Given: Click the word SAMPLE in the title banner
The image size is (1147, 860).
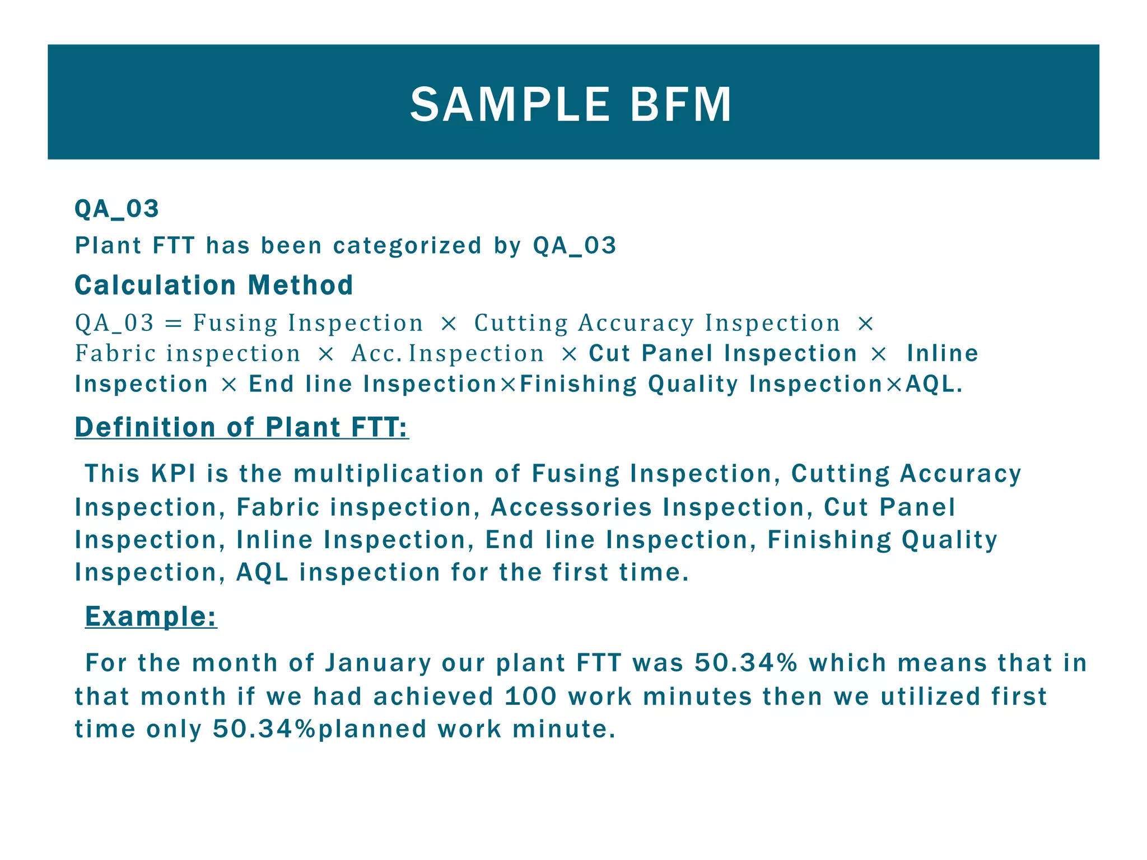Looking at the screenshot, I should [510, 105].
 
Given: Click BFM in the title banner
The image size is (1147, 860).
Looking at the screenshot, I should [680, 105].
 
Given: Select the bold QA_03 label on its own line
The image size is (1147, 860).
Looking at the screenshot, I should [117, 209].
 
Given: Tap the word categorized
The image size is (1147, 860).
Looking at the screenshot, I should [407, 246].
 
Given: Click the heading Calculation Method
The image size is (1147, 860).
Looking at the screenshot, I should [214, 285].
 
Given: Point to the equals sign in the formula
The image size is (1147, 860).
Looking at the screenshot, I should [174, 324].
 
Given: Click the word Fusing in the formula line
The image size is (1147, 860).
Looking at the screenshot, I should [235, 324].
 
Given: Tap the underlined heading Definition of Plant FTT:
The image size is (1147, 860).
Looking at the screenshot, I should [241, 427].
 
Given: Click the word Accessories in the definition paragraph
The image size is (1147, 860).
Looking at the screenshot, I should [571, 507].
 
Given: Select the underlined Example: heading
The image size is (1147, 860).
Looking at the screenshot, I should [151, 616].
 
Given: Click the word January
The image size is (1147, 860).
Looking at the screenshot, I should [378, 663].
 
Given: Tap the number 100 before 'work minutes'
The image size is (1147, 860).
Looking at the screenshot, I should [531, 697].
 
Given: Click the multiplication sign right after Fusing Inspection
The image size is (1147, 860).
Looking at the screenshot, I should [449, 324].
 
